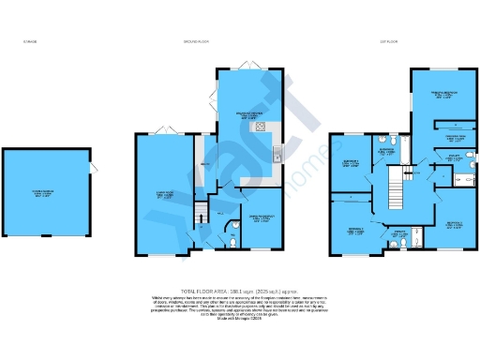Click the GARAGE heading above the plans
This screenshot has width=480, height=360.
(x=28, y=42)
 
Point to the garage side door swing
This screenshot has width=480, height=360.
(x=91, y=170)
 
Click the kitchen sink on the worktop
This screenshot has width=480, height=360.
(x=277, y=153)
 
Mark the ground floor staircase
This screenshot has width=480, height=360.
(x=199, y=217)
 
